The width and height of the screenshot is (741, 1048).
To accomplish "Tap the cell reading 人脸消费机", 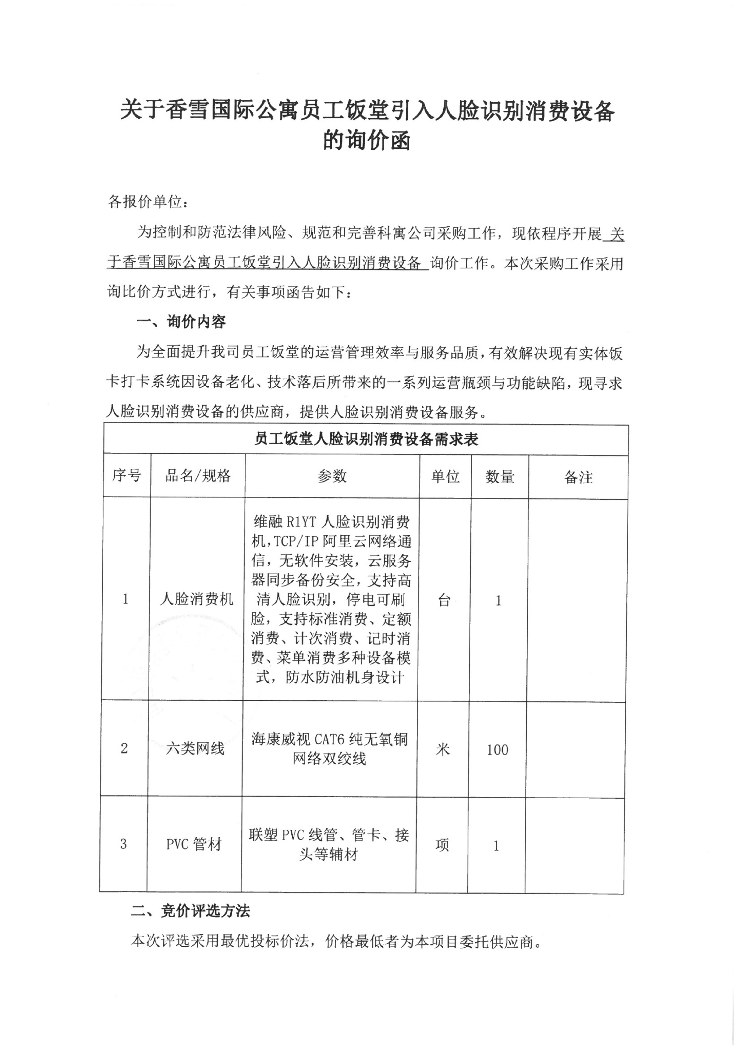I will click(196, 599).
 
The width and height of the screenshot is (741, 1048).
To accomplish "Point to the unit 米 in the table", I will click(443, 749).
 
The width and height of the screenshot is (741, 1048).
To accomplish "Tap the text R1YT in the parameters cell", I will click(301, 522).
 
